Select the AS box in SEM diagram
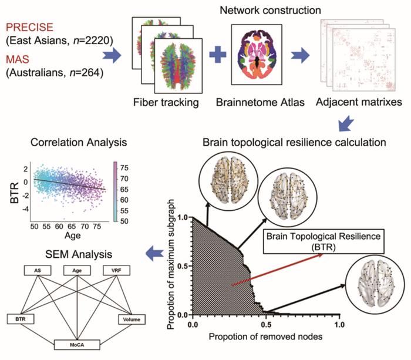tap(36, 271)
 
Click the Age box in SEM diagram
tap(77, 271)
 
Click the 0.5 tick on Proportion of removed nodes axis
tap(267, 324)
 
